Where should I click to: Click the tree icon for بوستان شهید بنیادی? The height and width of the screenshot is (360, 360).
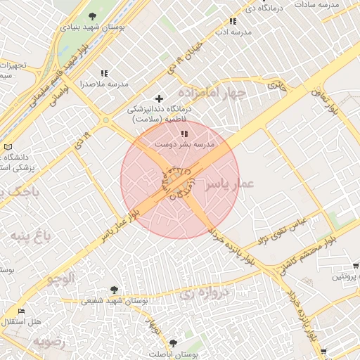[x=92, y=16]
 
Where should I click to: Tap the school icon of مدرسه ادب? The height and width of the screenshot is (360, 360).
[x=233, y=22]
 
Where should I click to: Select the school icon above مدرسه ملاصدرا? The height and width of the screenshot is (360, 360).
[x=105, y=72]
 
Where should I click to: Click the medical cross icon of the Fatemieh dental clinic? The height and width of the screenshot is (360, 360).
[x=160, y=98]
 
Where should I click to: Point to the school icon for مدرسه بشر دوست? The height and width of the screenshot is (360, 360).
[x=184, y=134]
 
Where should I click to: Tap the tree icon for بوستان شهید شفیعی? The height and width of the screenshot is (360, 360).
[x=114, y=290]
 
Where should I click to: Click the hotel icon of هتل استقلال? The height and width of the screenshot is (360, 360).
[x=21, y=311]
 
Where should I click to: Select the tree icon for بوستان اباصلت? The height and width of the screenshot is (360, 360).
[x=173, y=343]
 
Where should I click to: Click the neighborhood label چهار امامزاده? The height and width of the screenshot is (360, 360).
[x=212, y=93]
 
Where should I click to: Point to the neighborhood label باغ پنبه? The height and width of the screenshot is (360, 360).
[x=26, y=235]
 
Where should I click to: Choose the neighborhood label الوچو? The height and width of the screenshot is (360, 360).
[x=60, y=278]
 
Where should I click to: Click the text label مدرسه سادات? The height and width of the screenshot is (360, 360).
[x=316, y=4]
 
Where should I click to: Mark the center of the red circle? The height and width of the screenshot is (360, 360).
[x=180, y=179]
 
